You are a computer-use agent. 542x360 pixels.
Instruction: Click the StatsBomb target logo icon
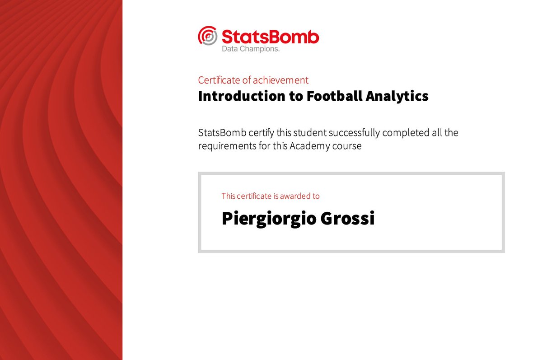(x=208, y=36)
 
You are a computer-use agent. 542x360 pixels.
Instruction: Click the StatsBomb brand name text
(x=270, y=37)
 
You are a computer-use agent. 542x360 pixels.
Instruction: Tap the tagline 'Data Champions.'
(x=251, y=49)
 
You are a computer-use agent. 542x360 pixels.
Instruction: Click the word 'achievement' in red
(x=280, y=80)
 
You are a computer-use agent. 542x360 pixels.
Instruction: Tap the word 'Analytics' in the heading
(x=403, y=96)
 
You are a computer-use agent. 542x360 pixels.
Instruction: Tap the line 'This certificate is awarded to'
(x=271, y=196)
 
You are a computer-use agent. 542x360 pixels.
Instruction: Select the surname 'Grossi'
(x=347, y=219)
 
